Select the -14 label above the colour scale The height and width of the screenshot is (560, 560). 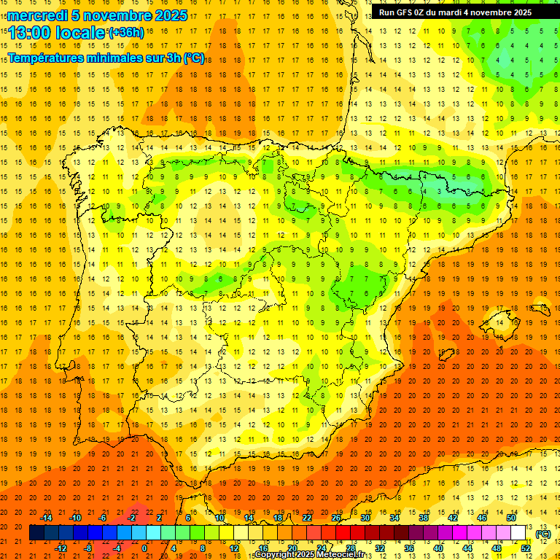click(46, 518)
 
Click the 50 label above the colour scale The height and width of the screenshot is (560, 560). click(512, 518)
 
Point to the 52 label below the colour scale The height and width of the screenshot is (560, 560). click(526, 548)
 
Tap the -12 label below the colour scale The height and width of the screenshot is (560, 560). click(61, 548)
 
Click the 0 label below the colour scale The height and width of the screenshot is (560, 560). click(144, 548)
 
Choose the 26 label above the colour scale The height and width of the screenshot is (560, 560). click(336, 518)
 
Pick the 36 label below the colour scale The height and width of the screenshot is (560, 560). click(409, 548)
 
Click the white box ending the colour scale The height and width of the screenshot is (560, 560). click(518, 533)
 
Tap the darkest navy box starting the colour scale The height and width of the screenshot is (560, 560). click(36, 533)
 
